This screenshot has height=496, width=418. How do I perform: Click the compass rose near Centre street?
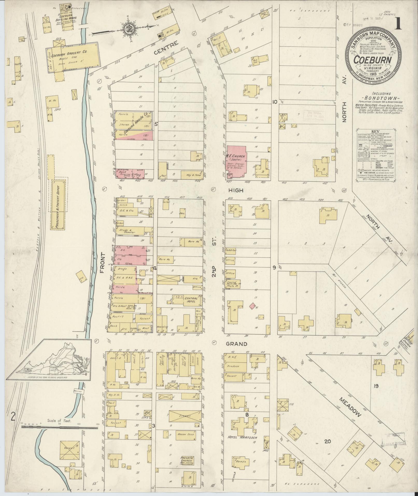tap(128, 29)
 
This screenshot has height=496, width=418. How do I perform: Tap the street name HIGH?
tap(236, 191)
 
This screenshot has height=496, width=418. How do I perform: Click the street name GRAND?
tap(236, 344)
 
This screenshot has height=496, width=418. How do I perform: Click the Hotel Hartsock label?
tap(238, 437)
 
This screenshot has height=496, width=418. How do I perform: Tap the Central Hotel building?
tap(187, 300)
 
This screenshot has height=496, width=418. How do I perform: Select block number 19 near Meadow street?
tap(376, 393)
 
